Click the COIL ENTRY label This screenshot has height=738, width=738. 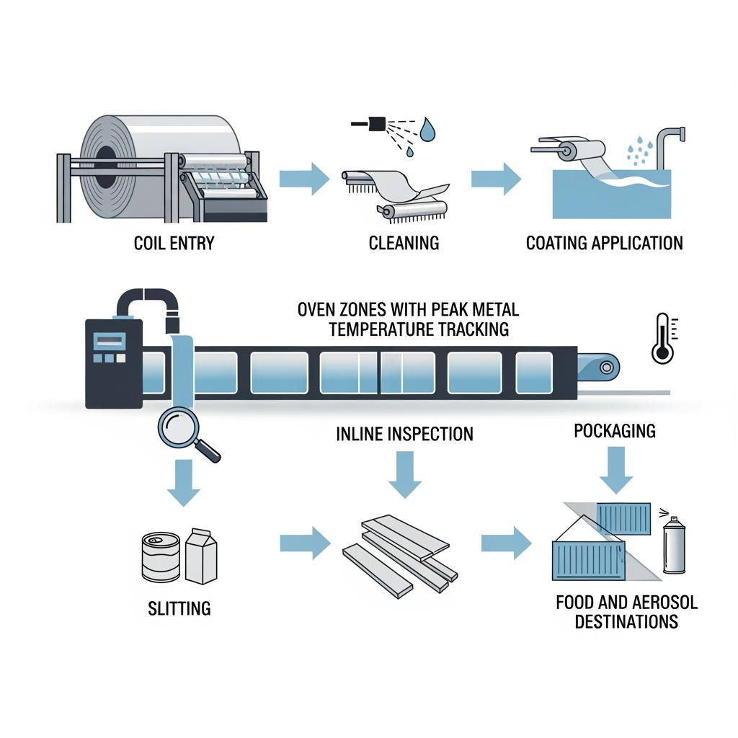pyautogui.click(x=174, y=243)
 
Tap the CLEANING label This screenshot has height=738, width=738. pyautogui.click(x=404, y=243)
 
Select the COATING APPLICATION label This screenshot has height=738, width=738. pyautogui.click(x=604, y=243)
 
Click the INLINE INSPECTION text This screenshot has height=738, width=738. pyautogui.click(x=404, y=434)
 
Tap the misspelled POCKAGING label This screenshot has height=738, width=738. pyautogui.click(x=615, y=431)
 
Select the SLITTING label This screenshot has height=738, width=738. pyautogui.click(x=179, y=608)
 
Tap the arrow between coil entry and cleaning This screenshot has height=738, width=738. pyautogui.click(x=302, y=178)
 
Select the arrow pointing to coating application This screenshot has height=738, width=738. pyautogui.click(x=496, y=178)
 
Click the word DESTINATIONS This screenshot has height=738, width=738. pyautogui.click(x=626, y=621)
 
